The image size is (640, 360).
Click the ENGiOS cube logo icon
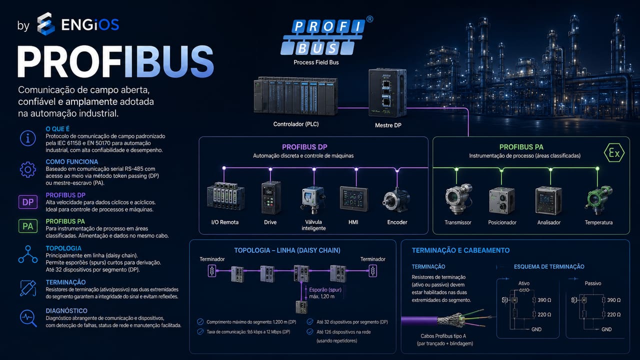[45, 24]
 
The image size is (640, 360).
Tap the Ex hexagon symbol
[614, 153]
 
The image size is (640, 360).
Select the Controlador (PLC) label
[295, 124]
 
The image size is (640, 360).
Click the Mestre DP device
[387, 92]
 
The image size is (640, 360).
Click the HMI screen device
[353, 199]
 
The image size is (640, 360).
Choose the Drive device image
[271, 197]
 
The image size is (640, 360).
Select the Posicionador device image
[502, 200]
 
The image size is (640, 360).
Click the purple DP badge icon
[28, 202]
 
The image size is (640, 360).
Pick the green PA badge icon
[28, 226]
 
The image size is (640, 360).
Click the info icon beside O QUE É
[28, 138]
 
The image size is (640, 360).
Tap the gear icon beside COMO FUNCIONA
[28, 169]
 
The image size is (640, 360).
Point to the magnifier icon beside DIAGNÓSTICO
[28, 318]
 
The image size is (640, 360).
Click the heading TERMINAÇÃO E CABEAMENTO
[460, 250]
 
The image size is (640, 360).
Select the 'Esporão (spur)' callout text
[325, 289]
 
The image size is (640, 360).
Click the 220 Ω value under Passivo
[613, 314]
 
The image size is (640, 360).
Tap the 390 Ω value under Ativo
[544, 300]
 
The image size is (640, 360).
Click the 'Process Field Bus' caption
[316, 62]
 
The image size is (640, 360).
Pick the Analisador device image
[548, 200]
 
